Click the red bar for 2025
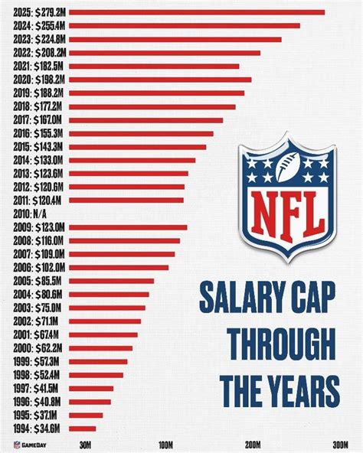(199, 12)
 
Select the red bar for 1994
(82, 429)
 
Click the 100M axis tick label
(165, 445)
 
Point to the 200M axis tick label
(253, 445)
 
